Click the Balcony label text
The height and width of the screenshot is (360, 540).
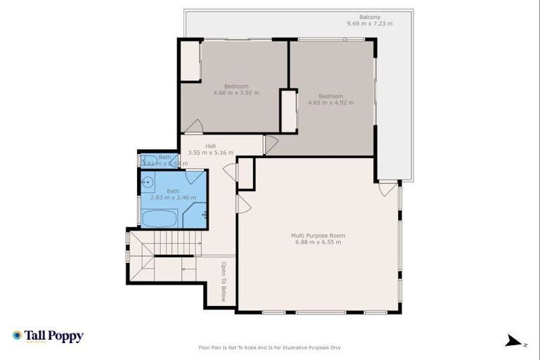pyautogui.click(x=369, y=17)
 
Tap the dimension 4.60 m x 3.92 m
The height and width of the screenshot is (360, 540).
pyautogui.click(x=236, y=93)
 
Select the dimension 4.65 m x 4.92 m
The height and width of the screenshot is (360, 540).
pyautogui.click(x=330, y=103)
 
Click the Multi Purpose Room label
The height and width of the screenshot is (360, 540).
pyautogui.click(x=318, y=236)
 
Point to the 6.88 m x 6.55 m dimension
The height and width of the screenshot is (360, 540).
pyautogui.click(x=318, y=243)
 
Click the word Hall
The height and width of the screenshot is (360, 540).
pyautogui.click(x=210, y=146)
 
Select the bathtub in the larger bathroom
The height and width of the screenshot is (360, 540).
pyautogui.click(x=159, y=218)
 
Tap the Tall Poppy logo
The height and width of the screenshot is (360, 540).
pyautogui.click(x=48, y=336)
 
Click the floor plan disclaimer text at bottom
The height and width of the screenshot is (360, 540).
pyautogui.click(x=270, y=347)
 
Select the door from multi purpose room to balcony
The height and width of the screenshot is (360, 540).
pyautogui.click(x=387, y=189)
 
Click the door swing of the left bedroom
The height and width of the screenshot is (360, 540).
pyautogui.click(x=193, y=127)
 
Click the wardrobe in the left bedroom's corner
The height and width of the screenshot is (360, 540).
pyautogui.click(x=190, y=63)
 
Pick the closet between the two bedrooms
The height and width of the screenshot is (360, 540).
pyautogui.click(x=288, y=110)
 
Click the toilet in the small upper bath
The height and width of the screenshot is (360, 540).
pyautogui.click(x=148, y=160)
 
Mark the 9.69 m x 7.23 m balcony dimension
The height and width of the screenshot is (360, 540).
pyautogui.click(x=369, y=24)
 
